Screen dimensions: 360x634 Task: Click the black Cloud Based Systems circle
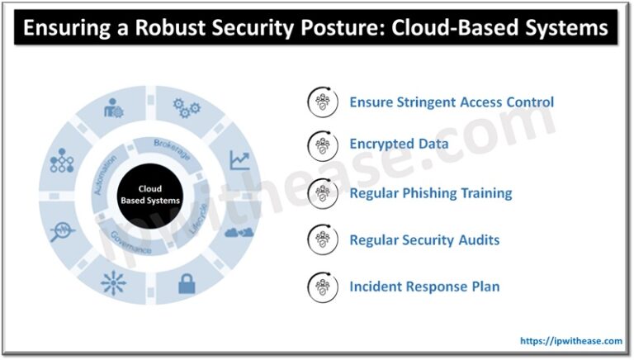pyautogui.click(x=150, y=195)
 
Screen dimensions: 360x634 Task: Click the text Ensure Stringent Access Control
pyautogui.click(x=451, y=102)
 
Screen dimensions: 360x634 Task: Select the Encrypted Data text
pyautogui.click(x=399, y=144)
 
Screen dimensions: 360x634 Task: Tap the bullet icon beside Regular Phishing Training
pyautogui.click(x=322, y=193)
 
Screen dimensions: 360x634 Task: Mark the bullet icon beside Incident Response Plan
pyautogui.click(x=322, y=287)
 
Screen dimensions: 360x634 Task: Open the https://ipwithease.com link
pyautogui.click(x=570, y=340)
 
